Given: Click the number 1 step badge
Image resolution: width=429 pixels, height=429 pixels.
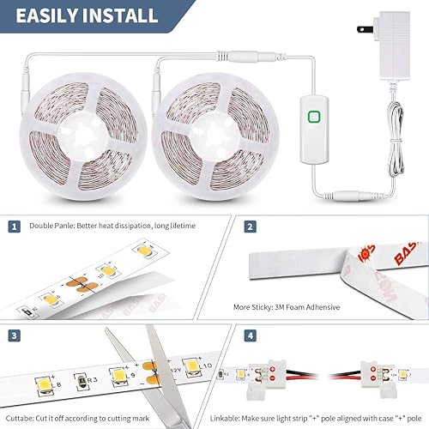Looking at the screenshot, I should [x=14, y=227].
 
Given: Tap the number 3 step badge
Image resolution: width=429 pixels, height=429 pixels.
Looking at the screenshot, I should [x=14, y=335].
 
